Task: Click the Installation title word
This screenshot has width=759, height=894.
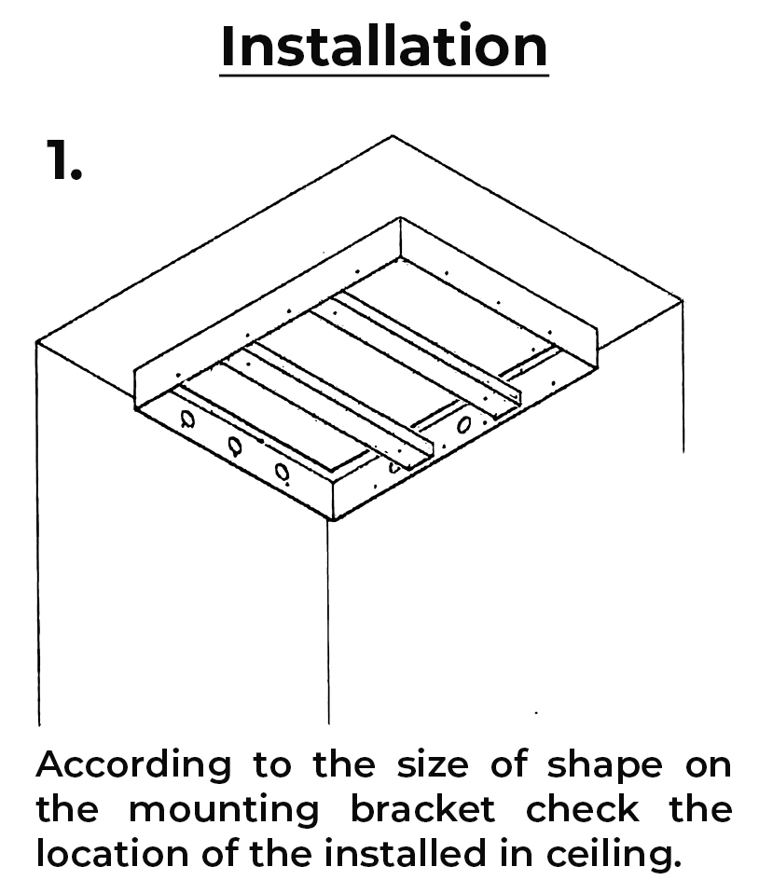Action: pos(384,46)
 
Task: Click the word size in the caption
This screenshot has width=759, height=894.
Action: pos(433,764)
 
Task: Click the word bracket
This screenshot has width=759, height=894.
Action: pos(422,808)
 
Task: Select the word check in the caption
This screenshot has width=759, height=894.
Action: pos(582,808)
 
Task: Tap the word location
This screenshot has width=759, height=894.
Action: pos(112,854)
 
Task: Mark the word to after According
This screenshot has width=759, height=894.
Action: pos(272,765)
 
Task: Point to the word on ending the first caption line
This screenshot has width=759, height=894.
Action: pos(709,767)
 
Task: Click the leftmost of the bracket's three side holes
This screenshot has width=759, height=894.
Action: pos(187,419)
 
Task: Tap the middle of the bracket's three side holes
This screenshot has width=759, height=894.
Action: pos(235,446)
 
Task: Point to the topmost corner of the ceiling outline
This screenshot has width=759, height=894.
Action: pos(393,136)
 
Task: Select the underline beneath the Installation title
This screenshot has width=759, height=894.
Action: pos(384,75)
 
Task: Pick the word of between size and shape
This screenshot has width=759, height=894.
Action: pos(509,764)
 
